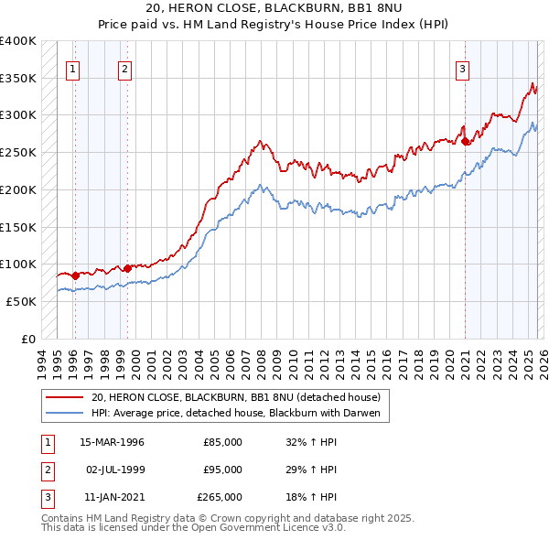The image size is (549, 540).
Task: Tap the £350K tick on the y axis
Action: pos(18,79)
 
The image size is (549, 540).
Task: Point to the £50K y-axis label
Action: pos(21,301)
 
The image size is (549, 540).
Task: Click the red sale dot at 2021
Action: pos(465,141)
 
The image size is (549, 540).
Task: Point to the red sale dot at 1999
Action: pos(127,268)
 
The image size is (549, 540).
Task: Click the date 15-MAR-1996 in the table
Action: pos(113,442)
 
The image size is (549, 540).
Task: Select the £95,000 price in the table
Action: pos(222,470)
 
